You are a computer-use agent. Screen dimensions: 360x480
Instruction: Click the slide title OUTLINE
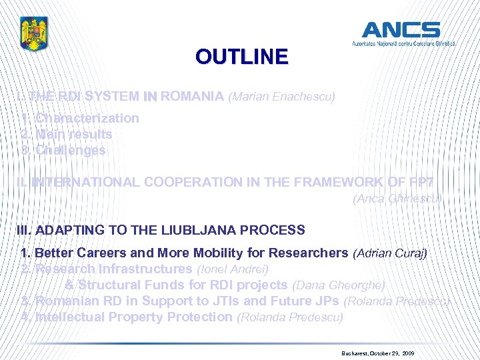pyautogui.click(x=241, y=57)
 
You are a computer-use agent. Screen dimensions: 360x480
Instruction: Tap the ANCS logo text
pyautogui.click(x=401, y=30)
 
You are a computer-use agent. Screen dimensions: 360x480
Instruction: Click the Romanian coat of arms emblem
pyautogui.click(x=35, y=34)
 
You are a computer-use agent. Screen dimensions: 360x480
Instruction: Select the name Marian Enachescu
pyautogui.click(x=281, y=97)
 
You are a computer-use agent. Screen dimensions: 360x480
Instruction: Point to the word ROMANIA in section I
pyautogui.click(x=192, y=96)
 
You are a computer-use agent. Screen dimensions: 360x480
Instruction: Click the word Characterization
pyautogui.click(x=87, y=118)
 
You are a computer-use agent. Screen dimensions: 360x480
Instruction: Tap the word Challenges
pyautogui.click(x=70, y=150)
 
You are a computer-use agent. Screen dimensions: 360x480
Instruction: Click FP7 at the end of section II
pyautogui.click(x=431, y=181)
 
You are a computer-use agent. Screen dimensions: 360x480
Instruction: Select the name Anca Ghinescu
pyautogui.click(x=397, y=198)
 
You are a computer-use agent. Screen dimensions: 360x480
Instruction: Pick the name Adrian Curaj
pyautogui.click(x=389, y=253)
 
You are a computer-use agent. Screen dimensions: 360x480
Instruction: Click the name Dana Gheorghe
pyautogui.click(x=338, y=285)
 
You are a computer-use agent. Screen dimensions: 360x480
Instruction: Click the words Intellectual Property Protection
pyautogui.click(x=133, y=317)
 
